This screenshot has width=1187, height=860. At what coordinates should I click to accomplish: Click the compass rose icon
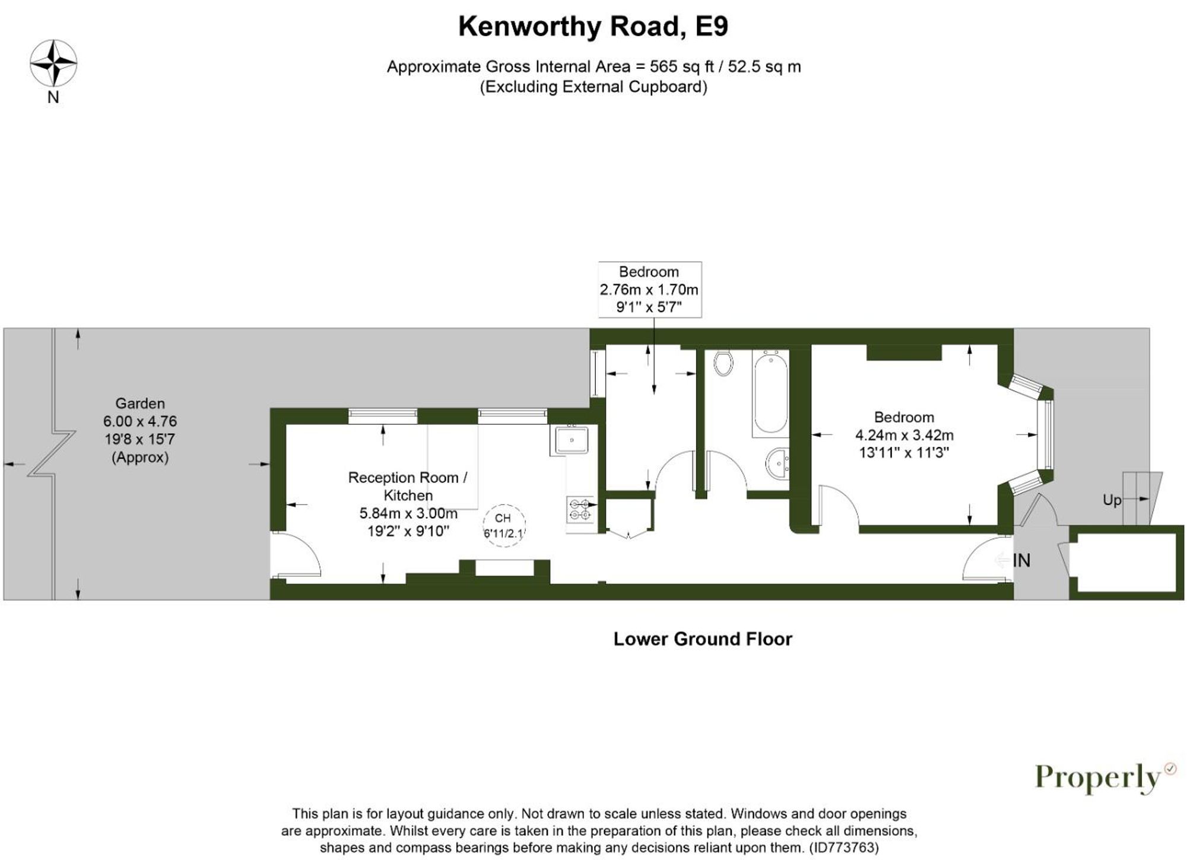coord(53,63)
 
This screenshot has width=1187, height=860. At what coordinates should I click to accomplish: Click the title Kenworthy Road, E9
coord(592,27)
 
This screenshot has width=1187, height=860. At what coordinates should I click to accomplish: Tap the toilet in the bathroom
coord(723,363)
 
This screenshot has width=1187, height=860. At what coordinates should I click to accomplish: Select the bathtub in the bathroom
coord(770,393)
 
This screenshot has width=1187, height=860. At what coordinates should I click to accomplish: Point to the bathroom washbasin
coord(777,464)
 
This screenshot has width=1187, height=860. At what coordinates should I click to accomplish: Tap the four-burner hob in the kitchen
coord(579,510)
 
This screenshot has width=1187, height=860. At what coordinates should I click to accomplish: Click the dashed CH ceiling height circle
coord(503,525)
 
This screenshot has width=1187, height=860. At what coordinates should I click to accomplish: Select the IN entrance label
coord(1021,560)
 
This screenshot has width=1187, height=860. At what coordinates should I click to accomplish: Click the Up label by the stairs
coord(1112,500)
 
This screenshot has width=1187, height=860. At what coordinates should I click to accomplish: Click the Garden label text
coord(140,404)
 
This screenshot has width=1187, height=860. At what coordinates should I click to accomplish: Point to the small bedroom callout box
coord(649,290)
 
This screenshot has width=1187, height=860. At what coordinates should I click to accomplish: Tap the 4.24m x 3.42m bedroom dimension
coord(904,435)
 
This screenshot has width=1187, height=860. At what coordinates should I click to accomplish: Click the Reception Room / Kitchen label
coord(408,486)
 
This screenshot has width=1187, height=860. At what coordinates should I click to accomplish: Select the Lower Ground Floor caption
coord(702,639)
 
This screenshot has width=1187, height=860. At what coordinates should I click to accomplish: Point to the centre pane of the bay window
coord(1048,435)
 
